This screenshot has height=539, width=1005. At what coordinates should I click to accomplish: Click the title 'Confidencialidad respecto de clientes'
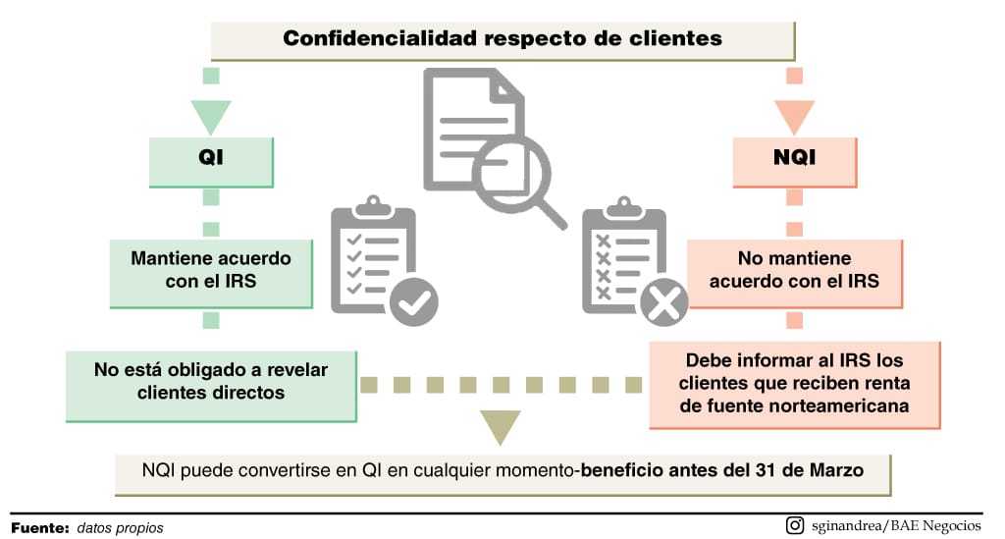click(502, 39)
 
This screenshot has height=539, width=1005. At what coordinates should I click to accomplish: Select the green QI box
click(210, 161)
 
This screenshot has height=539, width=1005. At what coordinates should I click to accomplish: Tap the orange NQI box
click(795, 161)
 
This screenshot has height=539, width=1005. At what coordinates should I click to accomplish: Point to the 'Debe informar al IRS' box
click(795, 383)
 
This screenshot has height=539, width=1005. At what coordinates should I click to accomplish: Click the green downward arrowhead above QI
click(210, 116)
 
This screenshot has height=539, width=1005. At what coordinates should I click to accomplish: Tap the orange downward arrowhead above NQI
click(795, 116)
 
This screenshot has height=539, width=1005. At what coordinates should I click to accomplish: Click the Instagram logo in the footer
click(795, 525)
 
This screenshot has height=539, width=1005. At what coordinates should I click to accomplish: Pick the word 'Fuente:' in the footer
click(40, 527)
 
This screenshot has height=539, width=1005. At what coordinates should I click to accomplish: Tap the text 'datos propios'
click(120, 527)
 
